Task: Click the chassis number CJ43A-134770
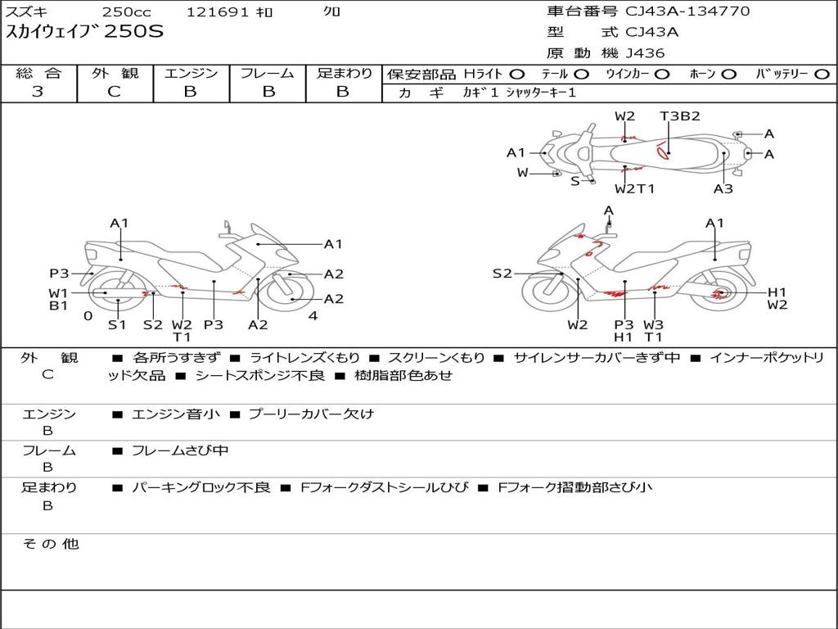(687, 11)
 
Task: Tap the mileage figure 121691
(218, 11)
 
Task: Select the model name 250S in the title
(133, 31)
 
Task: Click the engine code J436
(645, 53)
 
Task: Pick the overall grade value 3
(38, 92)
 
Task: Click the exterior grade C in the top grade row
(115, 92)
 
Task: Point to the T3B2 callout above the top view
(680, 116)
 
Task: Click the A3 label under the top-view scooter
(723, 189)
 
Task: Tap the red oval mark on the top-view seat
(663, 152)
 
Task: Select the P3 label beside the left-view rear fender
(59, 274)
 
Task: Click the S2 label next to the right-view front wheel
(502, 274)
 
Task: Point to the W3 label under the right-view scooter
(653, 324)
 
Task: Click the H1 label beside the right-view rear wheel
(777, 292)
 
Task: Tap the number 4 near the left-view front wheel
(313, 316)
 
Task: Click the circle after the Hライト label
(517, 75)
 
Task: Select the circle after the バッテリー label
(822, 75)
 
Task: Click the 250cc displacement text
(127, 11)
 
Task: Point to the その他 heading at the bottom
(51, 544)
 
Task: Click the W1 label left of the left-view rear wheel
(58, 293)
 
